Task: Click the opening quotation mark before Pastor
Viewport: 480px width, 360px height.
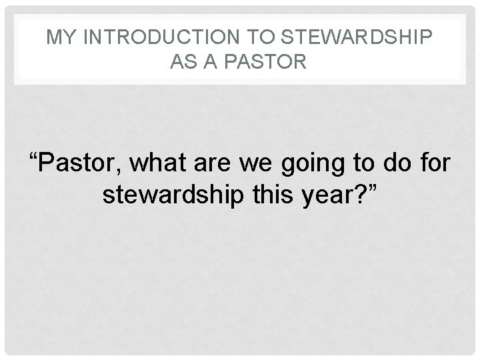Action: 33,157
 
